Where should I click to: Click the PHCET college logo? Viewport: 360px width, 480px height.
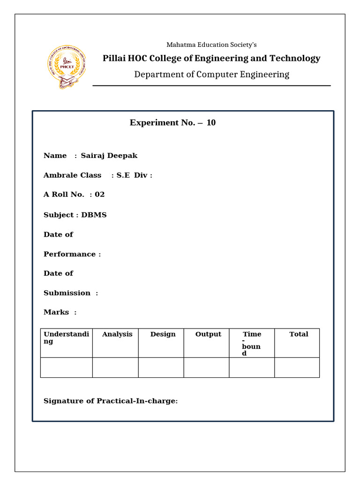(x=67, y=67)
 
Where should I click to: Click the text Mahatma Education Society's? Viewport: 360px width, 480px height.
(x=211, y=45)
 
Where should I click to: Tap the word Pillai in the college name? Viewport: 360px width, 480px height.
(x=115, y=59)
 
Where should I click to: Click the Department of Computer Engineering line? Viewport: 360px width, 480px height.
(x=211, y=75)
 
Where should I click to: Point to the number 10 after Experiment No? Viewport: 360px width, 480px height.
(x=211, y=123)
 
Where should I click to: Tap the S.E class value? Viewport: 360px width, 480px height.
(x=123, y=175)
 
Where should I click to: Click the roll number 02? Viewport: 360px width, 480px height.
(x=99, y=195)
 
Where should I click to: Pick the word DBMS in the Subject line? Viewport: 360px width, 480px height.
(x=94, y=215)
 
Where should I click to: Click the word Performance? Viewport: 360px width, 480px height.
(x=69, y=254)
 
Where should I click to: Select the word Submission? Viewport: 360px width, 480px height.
(x=67, y=293)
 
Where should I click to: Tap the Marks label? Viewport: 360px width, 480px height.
(x=56, y=312)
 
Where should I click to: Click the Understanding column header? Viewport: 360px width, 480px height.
(x=66, y=337)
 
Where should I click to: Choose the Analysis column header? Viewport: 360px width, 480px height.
(x=117, y=334)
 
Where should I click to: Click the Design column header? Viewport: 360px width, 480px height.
(x=163, y=334)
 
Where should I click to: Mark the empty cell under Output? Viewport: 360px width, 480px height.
(x=206, y=367)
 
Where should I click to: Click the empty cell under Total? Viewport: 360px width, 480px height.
(x=297, y=367)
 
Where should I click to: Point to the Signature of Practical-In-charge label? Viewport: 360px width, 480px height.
(x=111, y=401)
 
